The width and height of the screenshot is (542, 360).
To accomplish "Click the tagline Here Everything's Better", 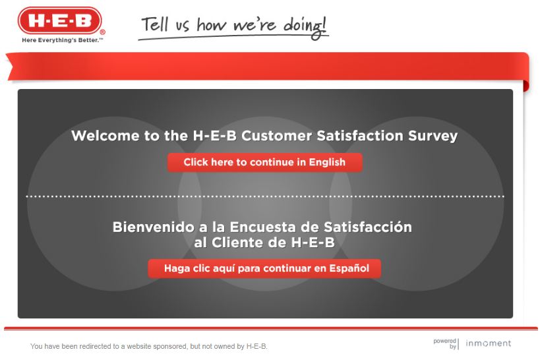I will [x=62, y=40].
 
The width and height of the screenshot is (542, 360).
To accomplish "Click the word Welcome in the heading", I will [x=105, y=136].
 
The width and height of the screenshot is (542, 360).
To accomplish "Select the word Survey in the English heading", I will [x=433, y=136].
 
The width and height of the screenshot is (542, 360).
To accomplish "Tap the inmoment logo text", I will [x=488, y=344].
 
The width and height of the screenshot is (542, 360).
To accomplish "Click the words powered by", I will [x=445, y=344].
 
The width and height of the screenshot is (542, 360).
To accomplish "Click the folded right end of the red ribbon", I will [x=526, y=85].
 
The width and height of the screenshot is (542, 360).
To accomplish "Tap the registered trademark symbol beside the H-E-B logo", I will [x=102, y=31].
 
